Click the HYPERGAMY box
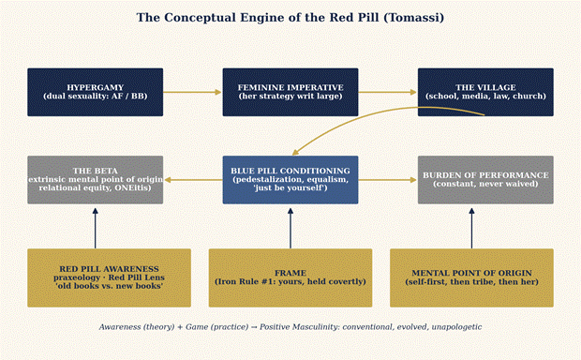point(96,92)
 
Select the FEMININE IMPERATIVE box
point(290,92)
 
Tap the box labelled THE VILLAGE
point(485,92)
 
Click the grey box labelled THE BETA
point(96,180)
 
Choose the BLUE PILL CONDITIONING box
point(290,180)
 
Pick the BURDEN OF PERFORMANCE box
point(485,180)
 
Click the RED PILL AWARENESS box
point(110,277)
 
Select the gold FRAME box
point(290,277)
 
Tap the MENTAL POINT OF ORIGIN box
point(471,277)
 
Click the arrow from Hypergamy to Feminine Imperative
point(193,92)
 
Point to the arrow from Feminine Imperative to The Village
point(388,92)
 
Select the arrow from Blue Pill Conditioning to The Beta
point(193,180)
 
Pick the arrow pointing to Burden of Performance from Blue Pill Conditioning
point(388,180)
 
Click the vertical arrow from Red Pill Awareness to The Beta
point(96,228)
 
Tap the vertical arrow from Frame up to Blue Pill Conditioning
point(290,228)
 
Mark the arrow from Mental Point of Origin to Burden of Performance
point(471,228)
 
